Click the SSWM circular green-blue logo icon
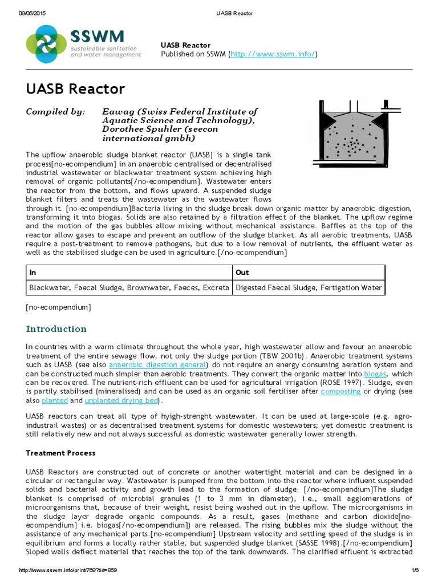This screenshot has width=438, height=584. pos(46,41)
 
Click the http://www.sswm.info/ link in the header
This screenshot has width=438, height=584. pos(272,54)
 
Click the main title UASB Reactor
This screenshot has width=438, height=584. pos(75,89)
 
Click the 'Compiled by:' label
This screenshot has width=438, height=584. pos(56,112)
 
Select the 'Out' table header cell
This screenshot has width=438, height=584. pos(242,273)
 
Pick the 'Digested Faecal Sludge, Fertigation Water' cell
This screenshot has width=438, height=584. pos(309,288)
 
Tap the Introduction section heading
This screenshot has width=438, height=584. pos(56,329)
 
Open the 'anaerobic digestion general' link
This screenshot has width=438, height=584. pos(157,364)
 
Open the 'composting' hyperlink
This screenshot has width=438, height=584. pos(340,392)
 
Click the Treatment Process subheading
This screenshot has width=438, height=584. pos(61,453)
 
